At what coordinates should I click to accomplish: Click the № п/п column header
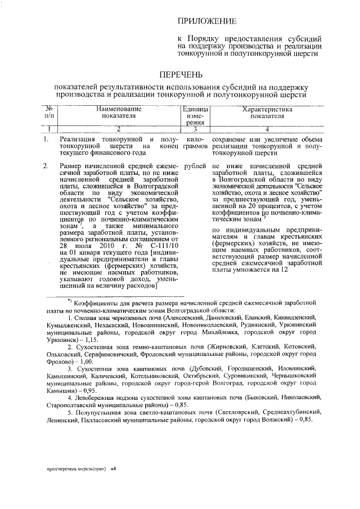(x=49, y=112)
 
